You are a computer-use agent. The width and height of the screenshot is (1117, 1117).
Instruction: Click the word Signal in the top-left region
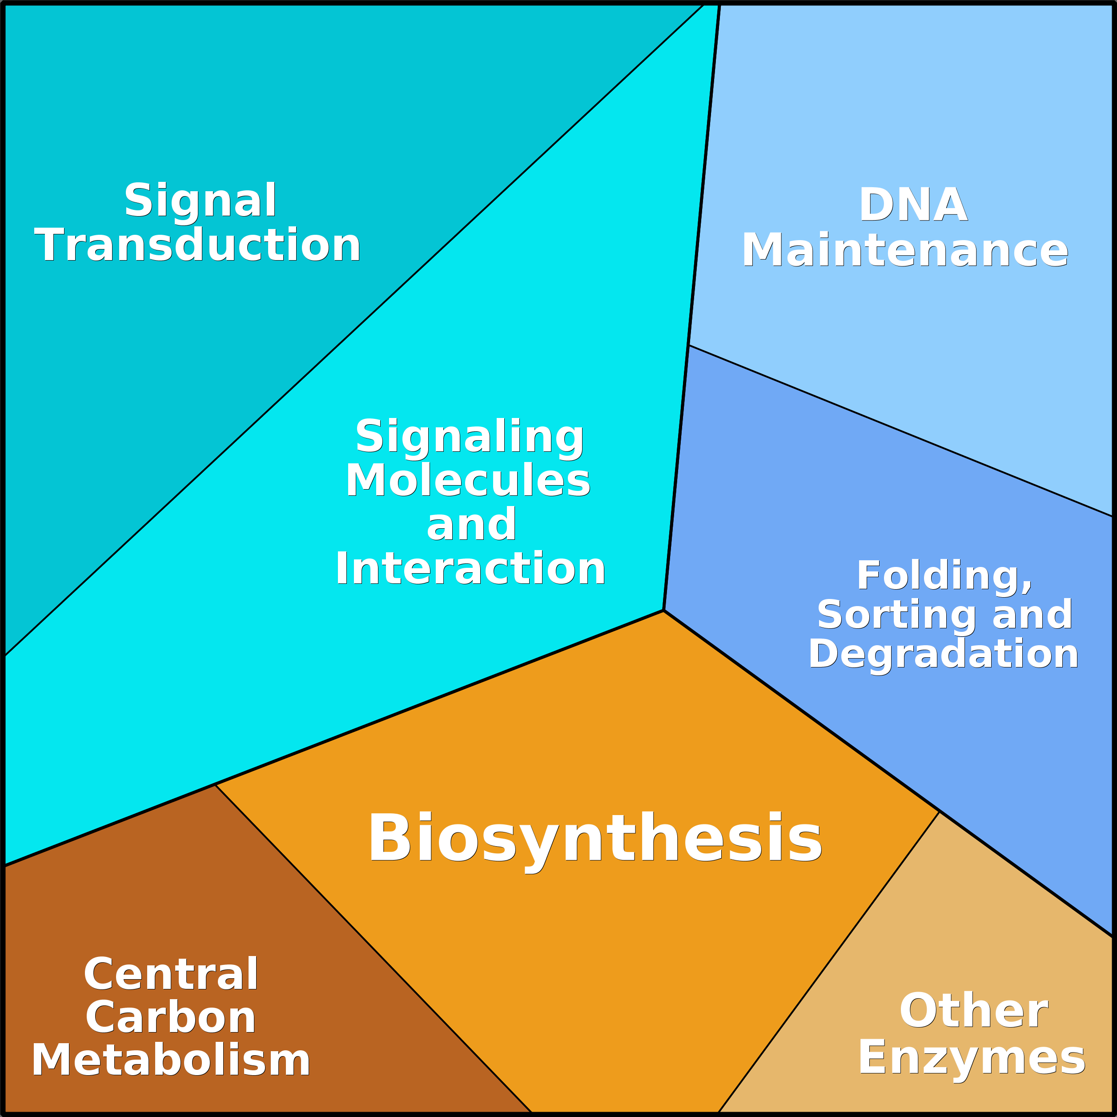(200, 201)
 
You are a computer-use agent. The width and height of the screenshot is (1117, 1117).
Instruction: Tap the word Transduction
(198, 245)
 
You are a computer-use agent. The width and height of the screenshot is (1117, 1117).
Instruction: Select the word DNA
(912, 205)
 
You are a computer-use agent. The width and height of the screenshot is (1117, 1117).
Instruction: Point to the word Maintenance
(905, 250)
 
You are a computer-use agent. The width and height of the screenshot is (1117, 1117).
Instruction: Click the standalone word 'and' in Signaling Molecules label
(471, 525)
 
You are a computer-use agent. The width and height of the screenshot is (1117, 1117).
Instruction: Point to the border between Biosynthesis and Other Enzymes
(828, 963)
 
